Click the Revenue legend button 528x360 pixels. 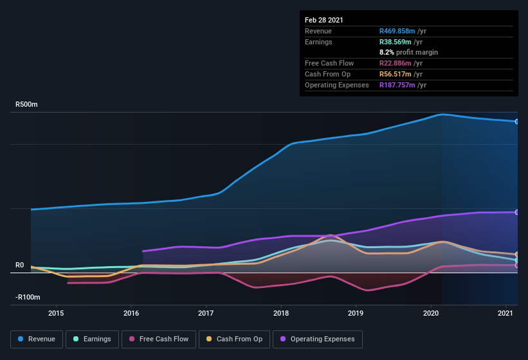37,339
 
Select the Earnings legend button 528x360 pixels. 91,339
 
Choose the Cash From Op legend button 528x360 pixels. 233,339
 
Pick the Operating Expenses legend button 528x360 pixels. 318,339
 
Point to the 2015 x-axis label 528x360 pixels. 56,313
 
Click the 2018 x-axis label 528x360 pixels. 281,313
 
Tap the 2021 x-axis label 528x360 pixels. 506,313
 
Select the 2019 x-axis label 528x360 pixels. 356,313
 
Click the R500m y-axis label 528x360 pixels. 27,104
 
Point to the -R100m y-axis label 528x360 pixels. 28,297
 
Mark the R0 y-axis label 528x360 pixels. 19,265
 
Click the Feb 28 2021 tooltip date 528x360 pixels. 324,20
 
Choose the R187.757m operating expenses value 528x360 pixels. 401,85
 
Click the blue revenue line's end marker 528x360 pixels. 517,121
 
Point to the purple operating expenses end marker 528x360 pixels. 517,212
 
